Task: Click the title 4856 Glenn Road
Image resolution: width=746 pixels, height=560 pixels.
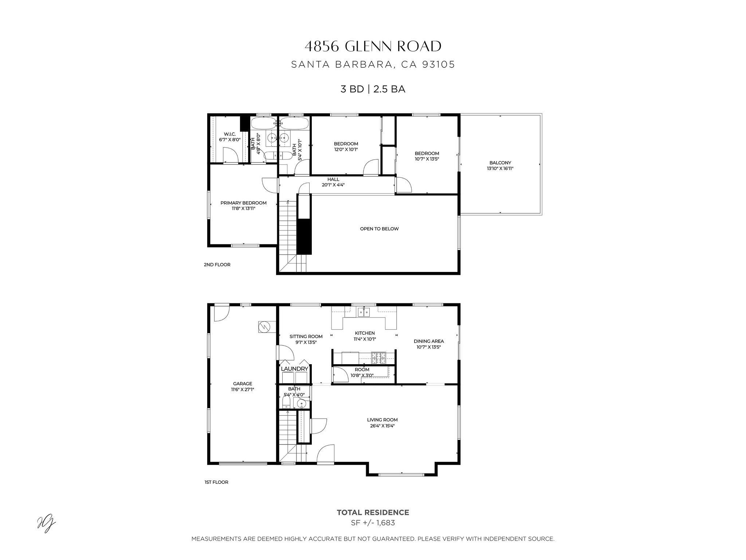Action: pyautogui.click(x=373, y=47)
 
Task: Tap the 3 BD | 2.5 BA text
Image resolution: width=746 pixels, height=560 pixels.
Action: pyautogui.click(x=373, y=89)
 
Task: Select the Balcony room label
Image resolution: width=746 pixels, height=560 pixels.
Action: pyautogui.click(x=500, y=163)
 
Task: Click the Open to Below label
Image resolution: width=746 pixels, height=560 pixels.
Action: pyautogui.click(x=379, y=229)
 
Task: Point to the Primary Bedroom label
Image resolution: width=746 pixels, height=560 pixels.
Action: pyautogui.click(x=243, y=203)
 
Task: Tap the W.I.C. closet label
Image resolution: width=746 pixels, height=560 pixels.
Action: pyautogui.click(x=230, y=134)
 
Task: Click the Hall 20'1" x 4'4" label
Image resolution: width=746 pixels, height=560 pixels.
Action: pyautogui.click(x=333, y=182)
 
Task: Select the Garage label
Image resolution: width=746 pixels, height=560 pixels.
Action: pyautogui.click(x=243, y=384)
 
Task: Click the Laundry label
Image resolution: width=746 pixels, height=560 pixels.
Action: pyautogui.click(x=294, y=369)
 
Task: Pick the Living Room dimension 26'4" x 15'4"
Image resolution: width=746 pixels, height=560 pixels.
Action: pyautogui.click(x=382, y=425)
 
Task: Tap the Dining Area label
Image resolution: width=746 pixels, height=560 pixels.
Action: pyautogui.click(x=429, y=341)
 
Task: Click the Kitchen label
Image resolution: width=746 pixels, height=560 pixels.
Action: pyautogui.click(x=365, y=333)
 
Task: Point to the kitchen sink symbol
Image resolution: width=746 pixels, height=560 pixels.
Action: pyautogui.click(x=364, y=312)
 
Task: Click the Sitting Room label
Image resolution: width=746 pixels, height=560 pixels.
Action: pyautogui.click(x=306, y=337)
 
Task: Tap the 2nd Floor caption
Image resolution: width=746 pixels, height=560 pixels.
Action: pyautogui.click(x=217, y=265)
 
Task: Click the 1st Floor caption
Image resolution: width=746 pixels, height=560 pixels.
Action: pyautogui.click(x=216, y=482)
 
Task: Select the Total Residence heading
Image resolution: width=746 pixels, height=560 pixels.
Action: pyautogui.click(x=373, y=513)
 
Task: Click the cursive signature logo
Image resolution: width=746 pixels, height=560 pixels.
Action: pyautogui.click(x=47, y=525)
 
